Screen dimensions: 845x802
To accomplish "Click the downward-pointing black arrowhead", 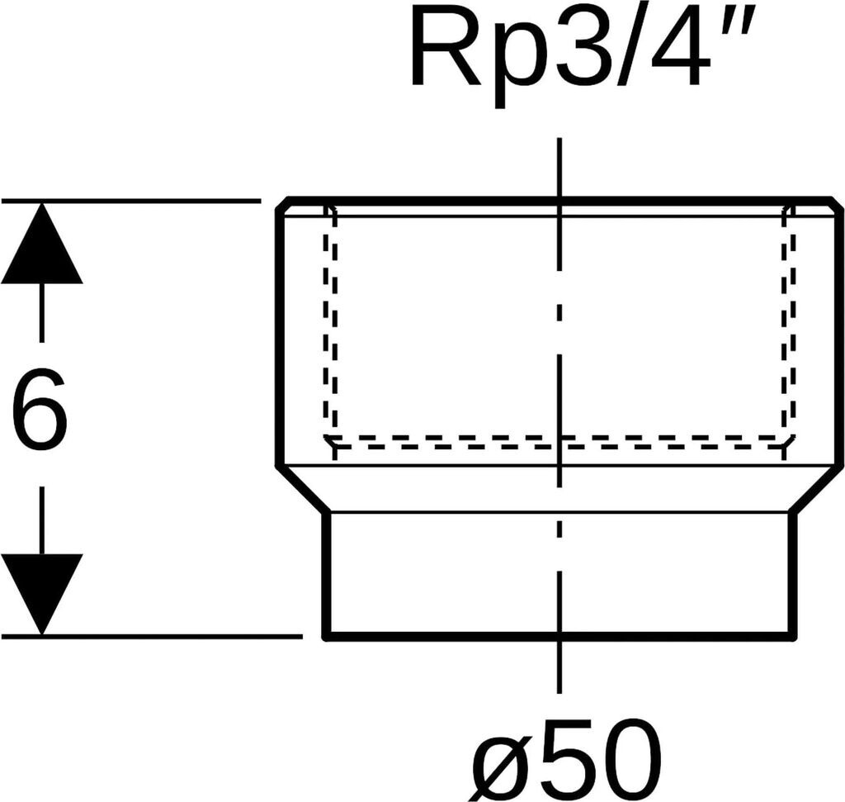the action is (41, 591).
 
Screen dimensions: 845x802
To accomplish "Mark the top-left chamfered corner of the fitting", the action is (282, 204).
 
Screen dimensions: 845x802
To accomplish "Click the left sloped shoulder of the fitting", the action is (302, 489).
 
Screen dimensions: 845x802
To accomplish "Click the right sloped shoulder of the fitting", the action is (817, 489).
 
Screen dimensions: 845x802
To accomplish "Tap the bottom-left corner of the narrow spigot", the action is (327, 635).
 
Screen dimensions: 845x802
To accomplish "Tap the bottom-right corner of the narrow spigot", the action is (794, 635).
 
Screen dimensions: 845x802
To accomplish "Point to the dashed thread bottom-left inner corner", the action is (331, 440).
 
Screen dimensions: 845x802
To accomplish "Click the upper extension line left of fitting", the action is (132, 201).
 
